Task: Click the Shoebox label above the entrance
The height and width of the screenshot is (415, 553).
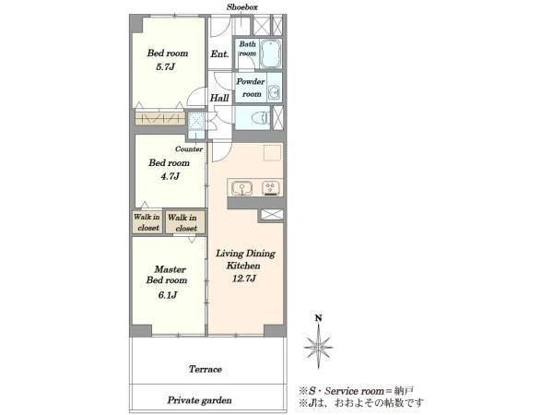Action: click(241, 7)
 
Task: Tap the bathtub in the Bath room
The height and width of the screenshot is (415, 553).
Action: click(270, 53)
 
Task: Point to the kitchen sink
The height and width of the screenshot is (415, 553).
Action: click(241, 188)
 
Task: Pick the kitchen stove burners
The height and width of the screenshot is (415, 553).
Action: click(271, 188)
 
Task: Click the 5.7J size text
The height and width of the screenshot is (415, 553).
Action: click(165, 66)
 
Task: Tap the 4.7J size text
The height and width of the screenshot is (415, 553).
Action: click(171, 176)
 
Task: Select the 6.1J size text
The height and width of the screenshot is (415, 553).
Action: click(168, 295)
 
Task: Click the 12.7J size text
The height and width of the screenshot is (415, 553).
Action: click(244, 279)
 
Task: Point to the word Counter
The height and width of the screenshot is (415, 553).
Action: click(189, 148)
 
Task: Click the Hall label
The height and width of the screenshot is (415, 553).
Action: click(219, 98)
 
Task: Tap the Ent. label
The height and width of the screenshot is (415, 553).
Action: click(219, 54)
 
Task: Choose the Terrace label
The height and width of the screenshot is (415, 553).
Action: click(206, 369)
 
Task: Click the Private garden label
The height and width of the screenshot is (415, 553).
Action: click(200, 400)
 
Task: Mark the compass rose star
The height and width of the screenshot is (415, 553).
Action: click(319, 347)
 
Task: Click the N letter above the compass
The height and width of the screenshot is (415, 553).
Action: click(319, 318)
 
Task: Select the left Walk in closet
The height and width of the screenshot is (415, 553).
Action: click(147, 222)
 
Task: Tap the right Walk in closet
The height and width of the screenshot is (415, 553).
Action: click(185, 222)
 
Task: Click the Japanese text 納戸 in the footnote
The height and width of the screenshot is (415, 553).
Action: click(405, 391)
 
